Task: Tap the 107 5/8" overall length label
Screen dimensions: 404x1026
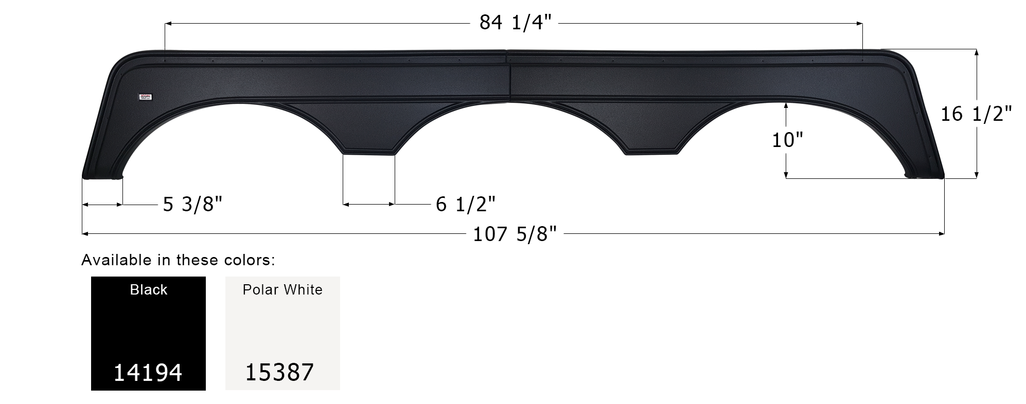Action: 515,234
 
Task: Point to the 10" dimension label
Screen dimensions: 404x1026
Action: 787,140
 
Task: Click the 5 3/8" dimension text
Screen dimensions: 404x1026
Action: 192,205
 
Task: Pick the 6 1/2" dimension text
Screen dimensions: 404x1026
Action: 465,205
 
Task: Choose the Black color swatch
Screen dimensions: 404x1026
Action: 148,333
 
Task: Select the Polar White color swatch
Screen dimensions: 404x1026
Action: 282,333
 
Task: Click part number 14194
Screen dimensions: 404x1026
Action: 148,373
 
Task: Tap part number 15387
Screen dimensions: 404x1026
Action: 279,373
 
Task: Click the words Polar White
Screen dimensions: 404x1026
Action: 282,290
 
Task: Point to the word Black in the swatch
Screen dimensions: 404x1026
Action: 148,290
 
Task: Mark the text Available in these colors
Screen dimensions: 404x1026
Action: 178,260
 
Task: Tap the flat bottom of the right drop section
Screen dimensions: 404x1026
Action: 650,152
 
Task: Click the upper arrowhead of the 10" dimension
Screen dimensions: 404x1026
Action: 786,104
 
